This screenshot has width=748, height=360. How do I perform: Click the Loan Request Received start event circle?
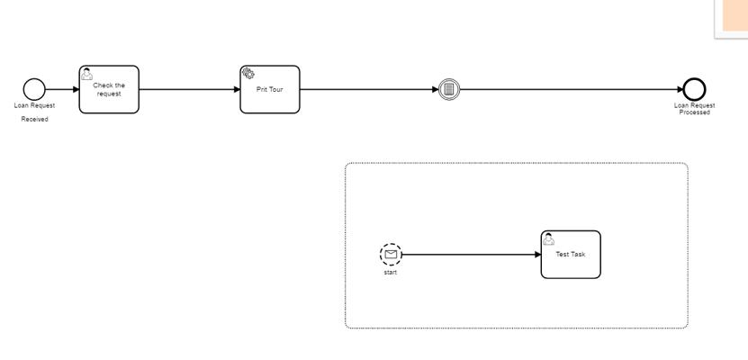pos(34,89)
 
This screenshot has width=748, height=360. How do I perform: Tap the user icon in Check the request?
pos(86,74)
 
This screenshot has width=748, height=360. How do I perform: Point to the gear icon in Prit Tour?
pos(248,74)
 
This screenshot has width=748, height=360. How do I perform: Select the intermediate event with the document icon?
pos(449,89)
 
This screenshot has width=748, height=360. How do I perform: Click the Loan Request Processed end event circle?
pos(694,89)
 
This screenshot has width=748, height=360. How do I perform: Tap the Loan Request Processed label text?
pos(694,109)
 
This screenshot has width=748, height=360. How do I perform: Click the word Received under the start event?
pos(34,119)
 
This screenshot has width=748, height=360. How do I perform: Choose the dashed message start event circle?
pos(391,254)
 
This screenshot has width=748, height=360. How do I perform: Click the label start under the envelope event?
pos(391,272)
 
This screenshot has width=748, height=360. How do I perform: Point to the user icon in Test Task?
pos(548,238)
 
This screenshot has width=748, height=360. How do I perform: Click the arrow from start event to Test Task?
pos(468,254)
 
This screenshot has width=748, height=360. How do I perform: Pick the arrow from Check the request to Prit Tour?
pos(189,89)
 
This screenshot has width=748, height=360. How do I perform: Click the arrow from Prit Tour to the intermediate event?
pos(369,89)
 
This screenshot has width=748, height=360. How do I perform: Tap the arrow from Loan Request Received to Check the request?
pos(62,89)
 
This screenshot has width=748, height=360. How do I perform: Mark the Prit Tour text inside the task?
pos(270,89)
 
